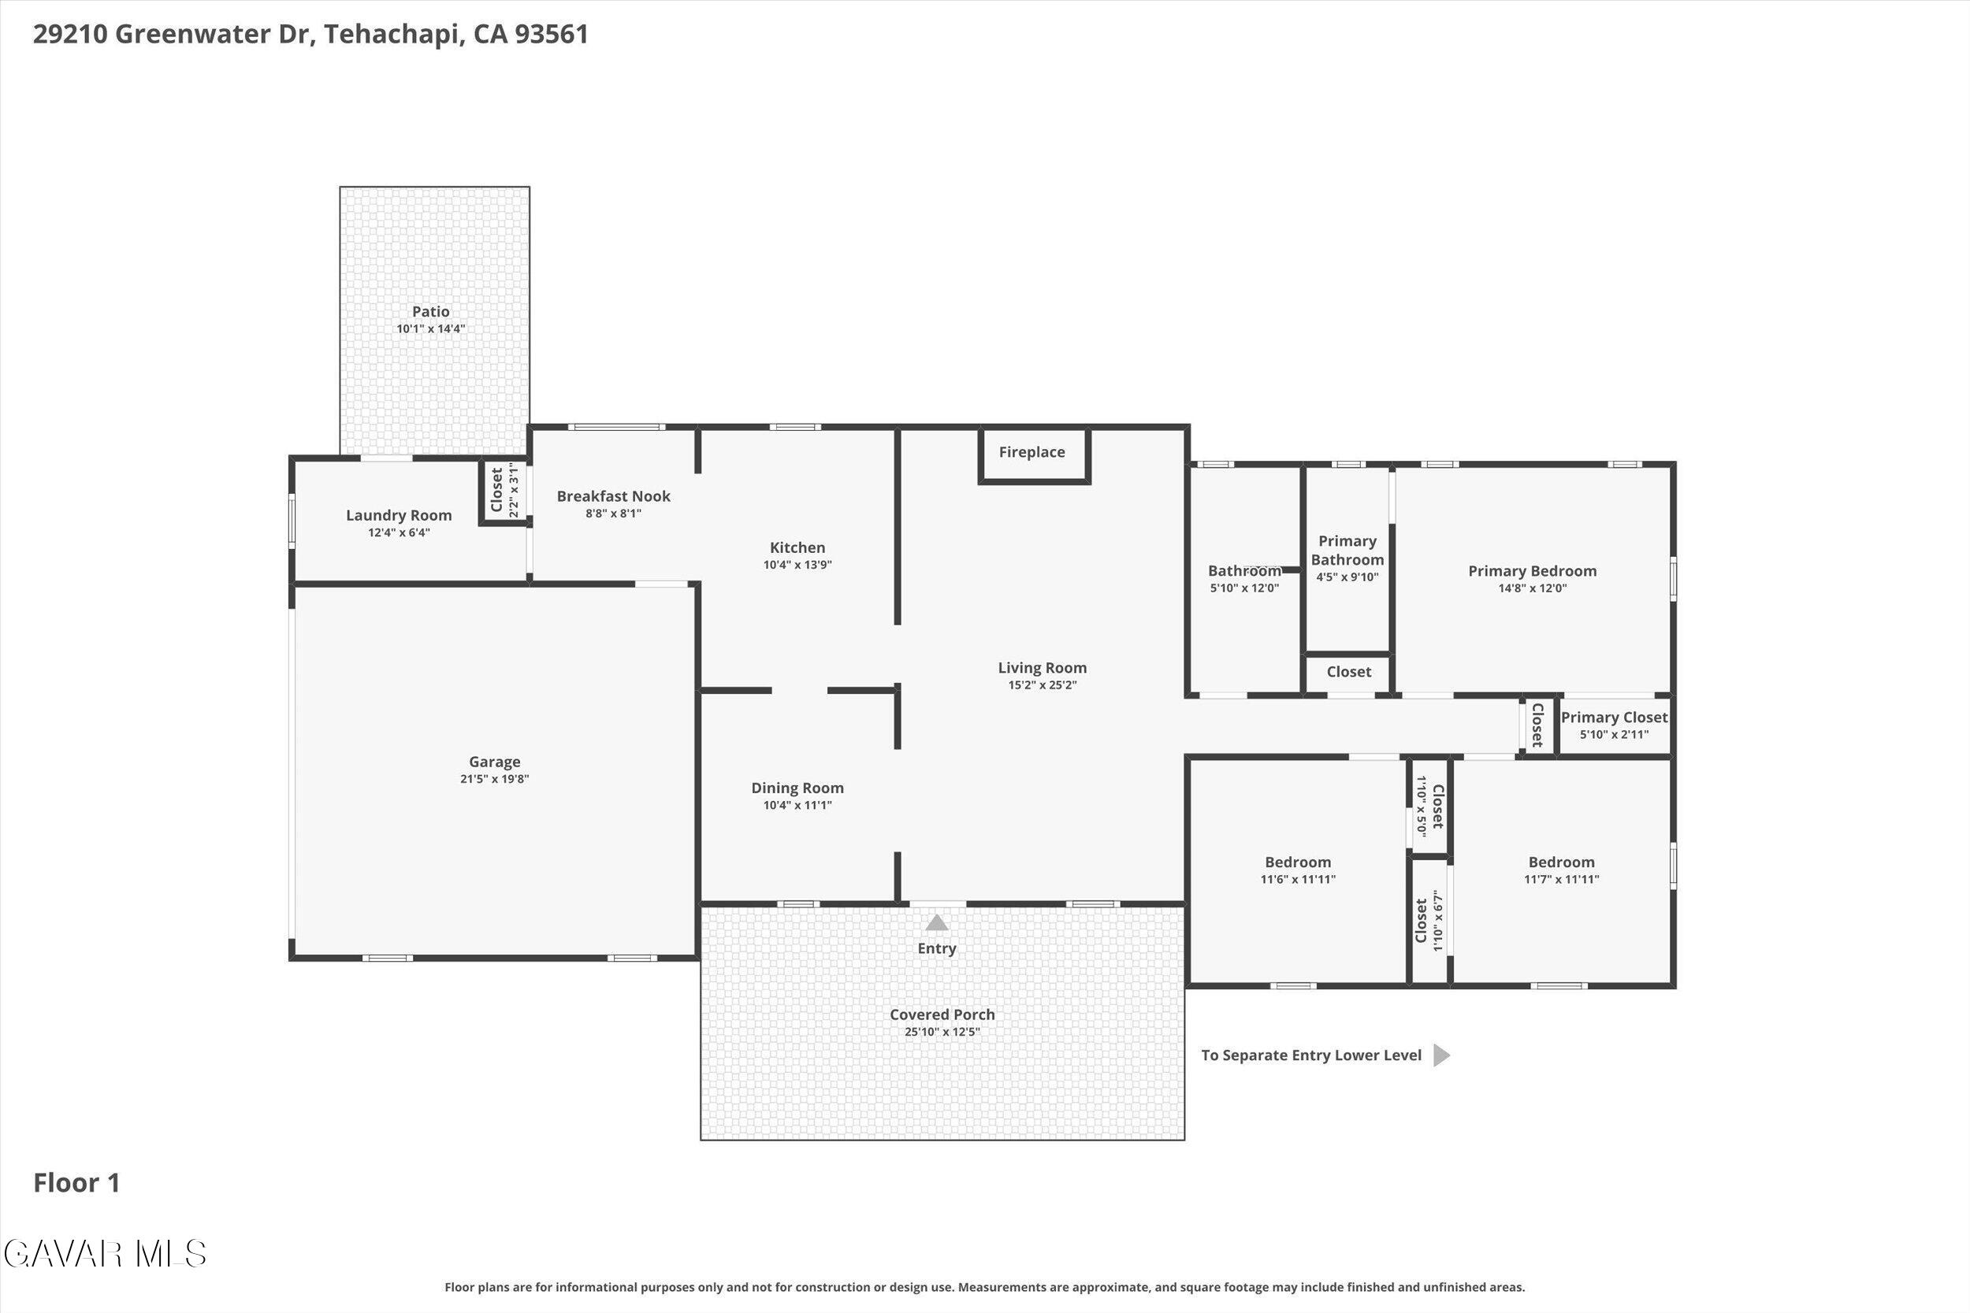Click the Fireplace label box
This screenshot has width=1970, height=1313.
(x=1034, y=454)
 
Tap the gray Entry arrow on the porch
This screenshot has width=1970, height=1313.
(x=936, y=922)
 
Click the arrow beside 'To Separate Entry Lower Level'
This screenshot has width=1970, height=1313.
(x=1440, y=1055)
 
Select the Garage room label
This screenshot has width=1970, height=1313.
(x=494, y=762)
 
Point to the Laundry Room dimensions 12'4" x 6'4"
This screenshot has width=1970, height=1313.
(x=399, y=532)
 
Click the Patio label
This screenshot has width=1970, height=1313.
(x=430, y=311)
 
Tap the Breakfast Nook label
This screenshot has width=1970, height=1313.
(x=613, y=495)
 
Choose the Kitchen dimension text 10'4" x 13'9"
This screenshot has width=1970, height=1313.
(x=797, y=565)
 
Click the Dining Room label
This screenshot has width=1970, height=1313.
(x=797, y=788)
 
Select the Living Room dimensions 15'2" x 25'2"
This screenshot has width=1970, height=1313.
(x=1042, y=685)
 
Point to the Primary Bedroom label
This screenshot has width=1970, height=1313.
(x=1532, y=571)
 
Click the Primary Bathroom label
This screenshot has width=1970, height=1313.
(x=1347, y=550)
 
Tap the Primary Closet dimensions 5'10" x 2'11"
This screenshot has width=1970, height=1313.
(x=1614, y=734)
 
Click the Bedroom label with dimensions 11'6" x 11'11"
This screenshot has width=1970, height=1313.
(x=1297, y=862)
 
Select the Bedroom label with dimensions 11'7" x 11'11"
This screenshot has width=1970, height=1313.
(x=1561, y=862)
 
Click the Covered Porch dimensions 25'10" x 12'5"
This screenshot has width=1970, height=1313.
(x=942, y=1032)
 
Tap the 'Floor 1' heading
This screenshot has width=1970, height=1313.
(x=77, y=1183)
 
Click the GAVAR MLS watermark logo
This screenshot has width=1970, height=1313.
(x=105, y=1254)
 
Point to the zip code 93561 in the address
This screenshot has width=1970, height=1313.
(x=551, y=35)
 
